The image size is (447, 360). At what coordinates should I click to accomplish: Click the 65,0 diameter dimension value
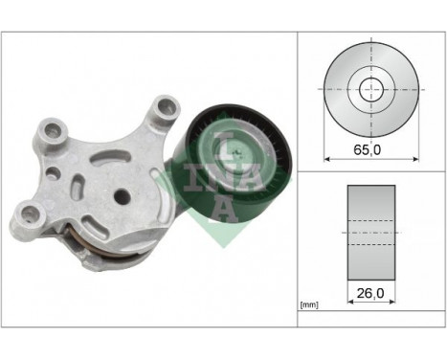click(x=369, y=149)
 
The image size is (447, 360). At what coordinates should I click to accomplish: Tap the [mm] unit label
click(x=309, y=305)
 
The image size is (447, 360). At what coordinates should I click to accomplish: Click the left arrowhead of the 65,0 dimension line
click(x=328, y=157)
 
